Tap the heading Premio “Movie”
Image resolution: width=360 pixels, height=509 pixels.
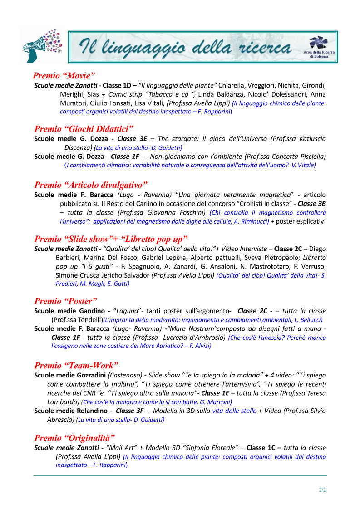point(64,75)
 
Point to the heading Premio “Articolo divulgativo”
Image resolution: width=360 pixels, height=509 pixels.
point(91,185)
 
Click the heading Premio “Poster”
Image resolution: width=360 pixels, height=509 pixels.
point(66,301)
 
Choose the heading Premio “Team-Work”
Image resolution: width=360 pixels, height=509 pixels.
point(76,365)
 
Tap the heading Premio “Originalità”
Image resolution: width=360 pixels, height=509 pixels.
point(74,438)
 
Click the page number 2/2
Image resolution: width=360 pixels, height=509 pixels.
point(322,490)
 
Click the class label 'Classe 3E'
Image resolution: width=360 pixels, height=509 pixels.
point(133,139)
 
